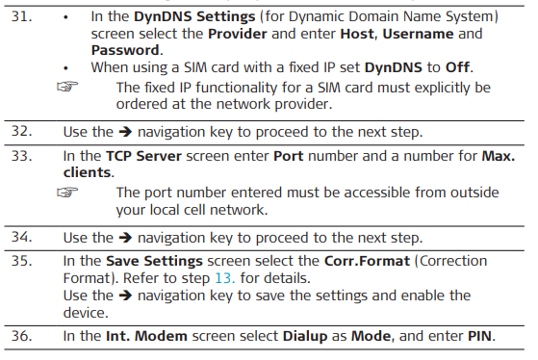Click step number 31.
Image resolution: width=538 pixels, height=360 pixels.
click(x=21, y=16)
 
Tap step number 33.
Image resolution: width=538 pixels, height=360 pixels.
click(x=21, y=156)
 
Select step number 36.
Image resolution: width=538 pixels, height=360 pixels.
click(x=21, y=336)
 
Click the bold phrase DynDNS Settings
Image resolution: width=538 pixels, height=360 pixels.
click(x=194, y=16)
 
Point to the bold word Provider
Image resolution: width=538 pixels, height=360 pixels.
click(x=238, y=34)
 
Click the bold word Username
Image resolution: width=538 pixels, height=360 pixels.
click(x=418, y=34)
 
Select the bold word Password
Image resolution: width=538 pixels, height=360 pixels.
click(x=125, y=50)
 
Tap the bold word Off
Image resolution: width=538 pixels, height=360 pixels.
click(x=457, y=67)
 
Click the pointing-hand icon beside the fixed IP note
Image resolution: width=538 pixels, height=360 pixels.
click(x=67, y=87)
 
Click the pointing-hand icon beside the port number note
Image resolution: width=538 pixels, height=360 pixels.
click(x=67, y=193)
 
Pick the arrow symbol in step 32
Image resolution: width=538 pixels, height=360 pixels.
click(x=125, y=132)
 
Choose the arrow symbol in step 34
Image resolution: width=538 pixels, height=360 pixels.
click(x=125, y=238)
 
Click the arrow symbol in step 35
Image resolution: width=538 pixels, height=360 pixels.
click(x=125, y=296)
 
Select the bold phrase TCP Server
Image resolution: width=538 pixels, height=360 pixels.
click(x=143, y=156)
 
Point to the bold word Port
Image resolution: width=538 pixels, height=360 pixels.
click(x=289, y=156)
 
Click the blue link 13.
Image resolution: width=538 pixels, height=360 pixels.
click(x=225, y=278)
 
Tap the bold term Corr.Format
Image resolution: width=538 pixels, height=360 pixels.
click(x=367, y=261)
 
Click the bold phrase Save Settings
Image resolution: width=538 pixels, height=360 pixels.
click(x=154, y=262)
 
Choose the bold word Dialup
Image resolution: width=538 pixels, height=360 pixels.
click(x=305, y=336)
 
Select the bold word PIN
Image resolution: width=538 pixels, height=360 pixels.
click(x=480, y=336)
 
